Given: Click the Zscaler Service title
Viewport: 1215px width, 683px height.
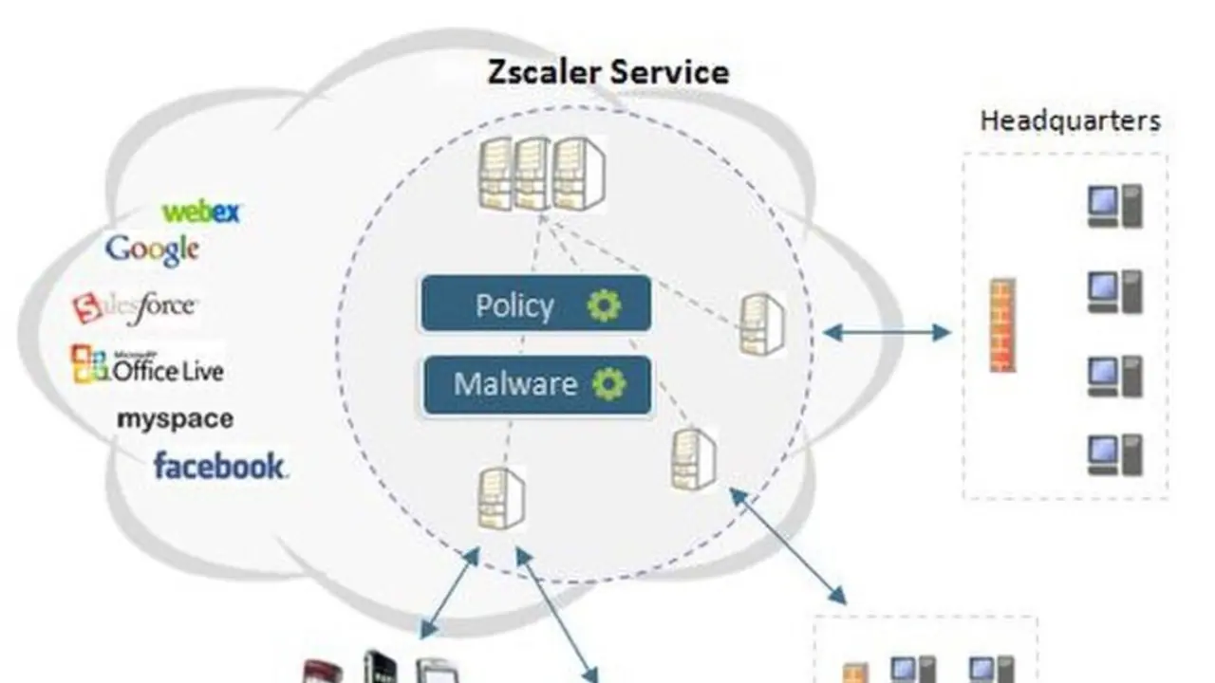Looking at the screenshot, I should (608, 73).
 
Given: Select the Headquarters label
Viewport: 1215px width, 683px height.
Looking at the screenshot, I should (1070, 121).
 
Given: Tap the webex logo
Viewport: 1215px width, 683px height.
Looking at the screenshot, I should (201, 212).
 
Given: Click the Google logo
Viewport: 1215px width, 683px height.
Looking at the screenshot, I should (152, 249).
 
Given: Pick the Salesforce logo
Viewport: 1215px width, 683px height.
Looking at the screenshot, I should (135, 307).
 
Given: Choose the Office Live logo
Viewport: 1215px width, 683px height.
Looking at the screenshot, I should (147, 367).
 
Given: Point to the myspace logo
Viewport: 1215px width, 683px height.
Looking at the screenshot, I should (175, 418).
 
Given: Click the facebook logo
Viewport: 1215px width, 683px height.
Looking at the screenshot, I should (219, 466).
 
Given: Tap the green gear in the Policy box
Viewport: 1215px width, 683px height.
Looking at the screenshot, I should (604, 305).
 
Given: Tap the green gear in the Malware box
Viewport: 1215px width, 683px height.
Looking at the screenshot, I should (609, 384).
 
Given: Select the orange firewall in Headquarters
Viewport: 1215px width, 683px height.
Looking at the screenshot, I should (1003, 325).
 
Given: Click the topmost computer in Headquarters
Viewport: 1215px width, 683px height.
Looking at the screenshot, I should (1114, 207).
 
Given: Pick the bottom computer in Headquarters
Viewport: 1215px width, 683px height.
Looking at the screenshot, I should (1114, 454).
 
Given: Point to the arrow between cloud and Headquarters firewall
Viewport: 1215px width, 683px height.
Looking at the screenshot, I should (887, 332).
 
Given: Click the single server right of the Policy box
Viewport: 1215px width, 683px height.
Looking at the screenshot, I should (762, 323).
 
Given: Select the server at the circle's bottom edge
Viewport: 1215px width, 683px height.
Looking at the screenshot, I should (500, 499).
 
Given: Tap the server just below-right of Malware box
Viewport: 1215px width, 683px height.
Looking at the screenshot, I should (694, 458).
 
